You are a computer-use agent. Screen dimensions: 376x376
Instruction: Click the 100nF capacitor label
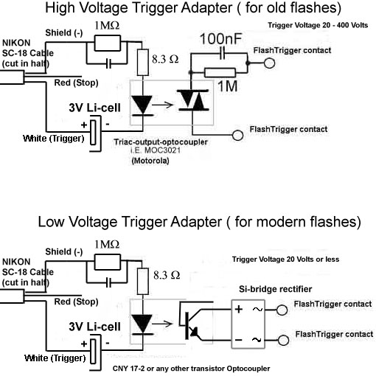[220, 39]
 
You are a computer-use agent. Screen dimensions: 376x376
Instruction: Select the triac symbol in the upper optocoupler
[193, 100]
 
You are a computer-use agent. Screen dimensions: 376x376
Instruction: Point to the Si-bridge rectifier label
[276, 289]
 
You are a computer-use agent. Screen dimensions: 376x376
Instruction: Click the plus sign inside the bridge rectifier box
[239, 309]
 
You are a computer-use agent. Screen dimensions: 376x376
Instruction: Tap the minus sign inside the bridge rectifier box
[238, 340]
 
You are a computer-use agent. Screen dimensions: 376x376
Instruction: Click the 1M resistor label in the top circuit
[228, 86]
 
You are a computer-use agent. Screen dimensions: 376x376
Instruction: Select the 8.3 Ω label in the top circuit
[165, 59]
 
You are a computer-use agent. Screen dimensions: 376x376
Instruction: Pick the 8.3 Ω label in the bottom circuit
[167, 275]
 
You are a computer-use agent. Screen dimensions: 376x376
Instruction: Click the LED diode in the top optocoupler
[142, 105]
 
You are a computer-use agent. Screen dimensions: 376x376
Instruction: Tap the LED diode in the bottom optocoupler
[142, 324]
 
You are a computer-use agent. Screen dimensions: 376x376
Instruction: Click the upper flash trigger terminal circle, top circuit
[269, 63]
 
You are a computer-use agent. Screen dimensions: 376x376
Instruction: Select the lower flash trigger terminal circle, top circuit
[237, 135]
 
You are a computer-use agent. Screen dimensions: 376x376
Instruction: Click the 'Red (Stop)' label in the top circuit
[76, 83]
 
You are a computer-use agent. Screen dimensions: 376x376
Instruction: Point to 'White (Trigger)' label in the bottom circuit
[55, 358]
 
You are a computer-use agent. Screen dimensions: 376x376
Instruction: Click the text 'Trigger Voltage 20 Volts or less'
[285, 260]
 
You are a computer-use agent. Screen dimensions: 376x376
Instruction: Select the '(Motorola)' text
[150, 161]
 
